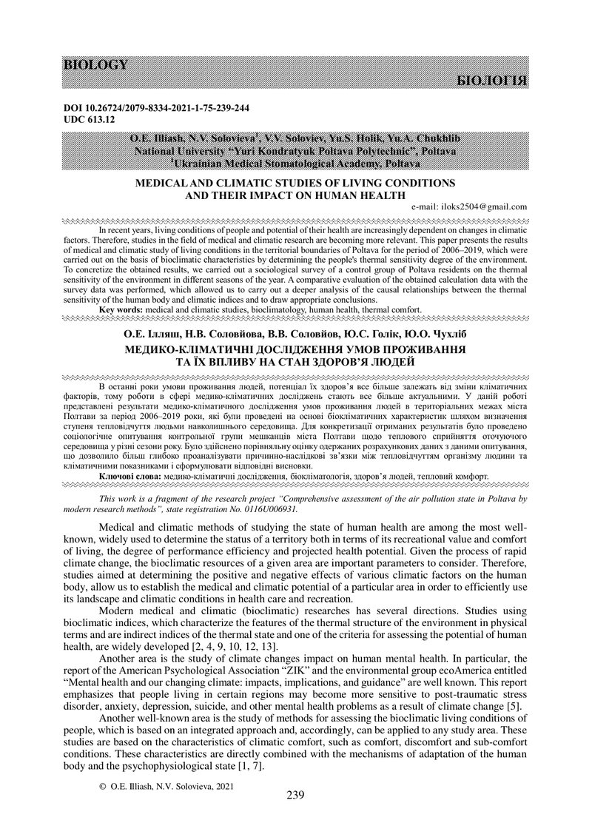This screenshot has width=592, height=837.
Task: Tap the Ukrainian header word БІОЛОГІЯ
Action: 493,80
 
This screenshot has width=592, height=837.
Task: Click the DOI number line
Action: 157,108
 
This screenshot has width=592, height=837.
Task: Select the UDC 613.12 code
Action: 90,118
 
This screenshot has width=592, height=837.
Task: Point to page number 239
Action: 295,796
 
